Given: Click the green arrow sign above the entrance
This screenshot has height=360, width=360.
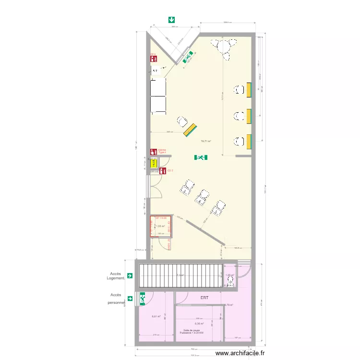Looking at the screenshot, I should click(171, 20).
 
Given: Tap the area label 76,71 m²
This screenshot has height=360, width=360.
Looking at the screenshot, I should click(206, 142).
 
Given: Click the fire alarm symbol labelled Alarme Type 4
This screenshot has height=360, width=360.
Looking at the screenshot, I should click(154, 152).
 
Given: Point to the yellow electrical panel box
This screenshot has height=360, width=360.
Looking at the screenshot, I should click(154, 163).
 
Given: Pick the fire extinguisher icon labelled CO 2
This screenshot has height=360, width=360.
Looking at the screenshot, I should click(163, 170).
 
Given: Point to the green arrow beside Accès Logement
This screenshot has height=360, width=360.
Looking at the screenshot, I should click(130, 276).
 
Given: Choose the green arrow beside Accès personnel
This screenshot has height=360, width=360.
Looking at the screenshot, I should click(130, 298).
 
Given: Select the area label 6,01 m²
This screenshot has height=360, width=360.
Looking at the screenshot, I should click(156, 316).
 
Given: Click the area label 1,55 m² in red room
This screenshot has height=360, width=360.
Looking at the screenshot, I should click(161, 226).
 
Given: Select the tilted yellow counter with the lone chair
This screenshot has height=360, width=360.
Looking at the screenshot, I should click(191, 130).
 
